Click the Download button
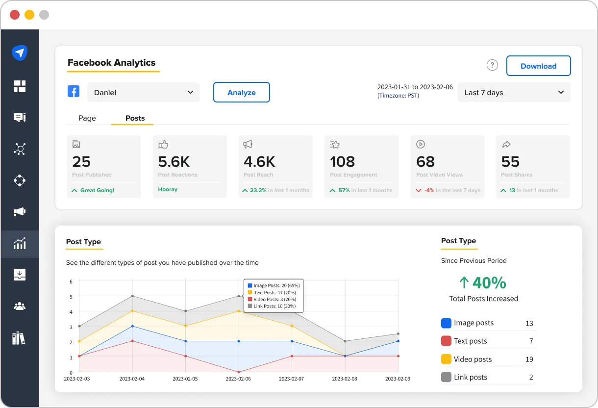538,66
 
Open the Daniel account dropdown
143,92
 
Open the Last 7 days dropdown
514,92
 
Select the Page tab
87,118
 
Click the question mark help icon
492,65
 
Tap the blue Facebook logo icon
74,92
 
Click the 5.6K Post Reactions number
174,161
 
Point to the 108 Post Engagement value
342,161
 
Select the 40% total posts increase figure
483,282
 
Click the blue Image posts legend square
446,323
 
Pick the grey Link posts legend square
446,377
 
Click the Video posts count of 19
529,359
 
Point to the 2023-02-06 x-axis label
239,379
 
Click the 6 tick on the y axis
71,281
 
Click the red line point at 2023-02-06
239,372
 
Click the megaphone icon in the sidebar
20,212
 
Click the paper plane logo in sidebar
20,52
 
